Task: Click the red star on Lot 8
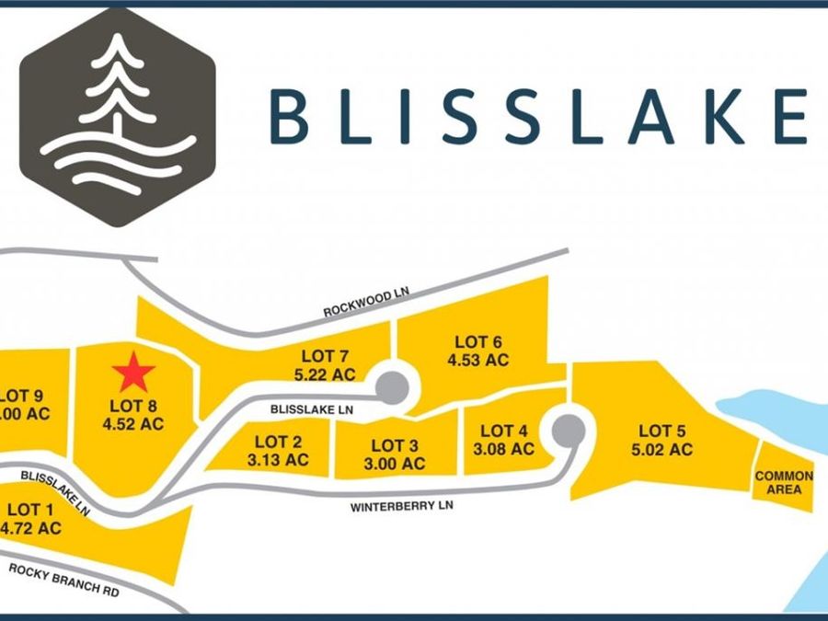[x=133, y=373]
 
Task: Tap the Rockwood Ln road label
[x=366, y=303]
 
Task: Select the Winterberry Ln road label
[x=401, y=506]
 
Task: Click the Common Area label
[x=784, y=483]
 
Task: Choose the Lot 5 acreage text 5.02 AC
[x=662, y=449]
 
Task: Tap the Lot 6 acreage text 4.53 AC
[x=478, y=360]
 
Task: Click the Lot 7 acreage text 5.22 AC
[x=325, y=374]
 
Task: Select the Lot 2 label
[x=278, y=442]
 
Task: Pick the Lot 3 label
[x=395, y=445]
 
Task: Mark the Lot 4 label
[x=504, y=431]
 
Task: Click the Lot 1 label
[x=30, y=510]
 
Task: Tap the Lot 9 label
[x=21, y=396]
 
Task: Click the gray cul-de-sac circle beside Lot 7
[x=392, y=388]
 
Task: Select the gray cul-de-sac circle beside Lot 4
[x=569, y=431]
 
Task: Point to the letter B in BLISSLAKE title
[x=290, y=118]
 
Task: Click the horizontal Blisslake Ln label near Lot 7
[x=312, y=409]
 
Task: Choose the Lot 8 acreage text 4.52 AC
[x=133, y=424]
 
